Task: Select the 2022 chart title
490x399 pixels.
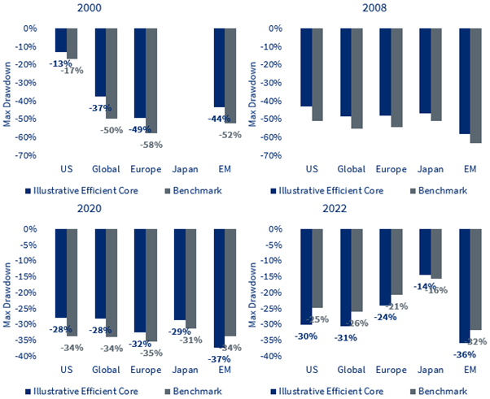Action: point(371,211)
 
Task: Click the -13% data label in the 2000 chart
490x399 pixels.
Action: point(59,63)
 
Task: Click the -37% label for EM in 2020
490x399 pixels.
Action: point(219,358)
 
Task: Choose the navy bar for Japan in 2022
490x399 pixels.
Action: point(425,252)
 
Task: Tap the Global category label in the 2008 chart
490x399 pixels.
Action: point(351,169)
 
